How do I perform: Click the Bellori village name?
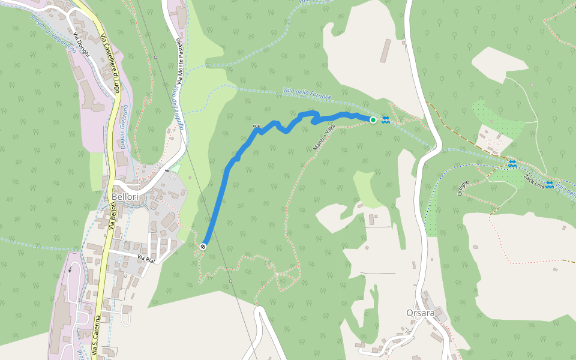point(124,197)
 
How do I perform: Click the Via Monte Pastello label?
point(179,62)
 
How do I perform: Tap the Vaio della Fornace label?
point(306,94)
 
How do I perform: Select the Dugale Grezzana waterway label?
point(125,127)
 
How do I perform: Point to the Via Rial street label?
point(146,258)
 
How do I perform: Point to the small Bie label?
point(257,126)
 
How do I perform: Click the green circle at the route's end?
point(373,121)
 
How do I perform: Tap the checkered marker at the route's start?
point(203,246)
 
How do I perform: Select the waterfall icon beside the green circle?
point(385,120)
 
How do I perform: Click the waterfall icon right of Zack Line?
point(550,184)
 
